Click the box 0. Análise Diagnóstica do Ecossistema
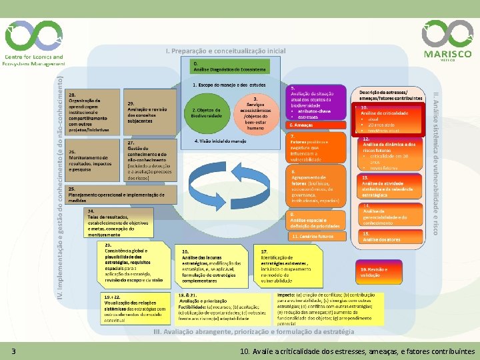point(230,66)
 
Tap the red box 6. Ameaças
point(317,125)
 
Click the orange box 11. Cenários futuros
point(317,236)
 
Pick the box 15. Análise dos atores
point(383,236)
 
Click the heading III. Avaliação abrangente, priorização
point(253,331)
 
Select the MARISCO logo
point(447,39)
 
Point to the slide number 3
point(13,351)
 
